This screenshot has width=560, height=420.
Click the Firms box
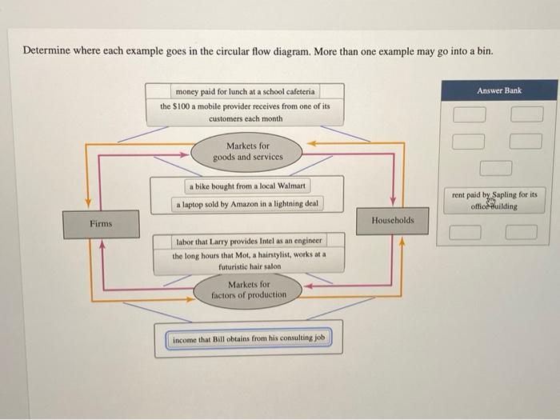(101, 223)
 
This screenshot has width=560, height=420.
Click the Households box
(393, 220)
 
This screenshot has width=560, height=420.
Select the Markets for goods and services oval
(248, 151)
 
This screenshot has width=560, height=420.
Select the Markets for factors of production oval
(248, 290)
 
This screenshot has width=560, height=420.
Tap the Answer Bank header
(498, 90)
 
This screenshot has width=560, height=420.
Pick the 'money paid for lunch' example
(245, 92)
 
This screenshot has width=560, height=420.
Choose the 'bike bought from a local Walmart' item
(248, 186)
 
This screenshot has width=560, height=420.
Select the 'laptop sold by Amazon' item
(247, 204)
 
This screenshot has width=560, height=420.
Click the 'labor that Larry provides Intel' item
(248, 240)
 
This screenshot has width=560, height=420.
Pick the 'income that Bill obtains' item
(248, 338)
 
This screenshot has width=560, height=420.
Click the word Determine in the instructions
(45, 50)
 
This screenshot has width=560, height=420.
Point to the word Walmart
(292, 186)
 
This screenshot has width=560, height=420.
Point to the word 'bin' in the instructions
(485, 50)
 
